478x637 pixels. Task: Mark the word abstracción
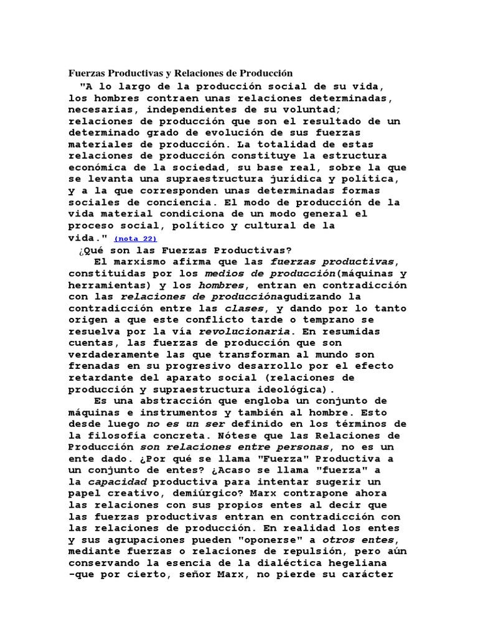(x=166, y=401)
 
